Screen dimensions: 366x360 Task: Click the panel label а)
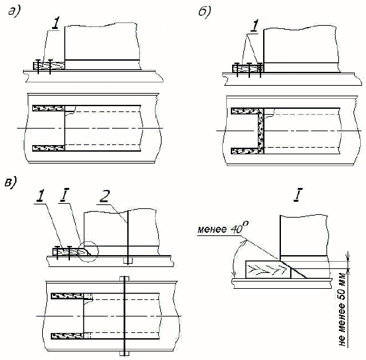(x=15, y=11)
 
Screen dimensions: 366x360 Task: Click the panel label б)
(x=204, y=12)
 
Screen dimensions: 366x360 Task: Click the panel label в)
(x=11, y=182)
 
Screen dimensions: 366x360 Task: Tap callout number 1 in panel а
(x=56, y=23)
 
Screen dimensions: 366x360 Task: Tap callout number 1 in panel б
(x=255, y=26)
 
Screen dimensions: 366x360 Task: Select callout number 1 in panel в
(x=41, y=196)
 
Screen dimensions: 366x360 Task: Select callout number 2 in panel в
(x=104, y=196)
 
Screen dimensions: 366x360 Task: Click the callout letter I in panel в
(x=64, y=196)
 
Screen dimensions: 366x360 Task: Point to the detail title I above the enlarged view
(x=297, y=195)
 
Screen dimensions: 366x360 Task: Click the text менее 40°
(x=223, y=227)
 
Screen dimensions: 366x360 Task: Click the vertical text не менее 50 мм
(x=342, y=308)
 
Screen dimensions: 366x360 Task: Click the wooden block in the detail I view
(x=268, y=270)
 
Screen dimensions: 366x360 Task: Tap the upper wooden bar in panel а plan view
(x=49, y=108)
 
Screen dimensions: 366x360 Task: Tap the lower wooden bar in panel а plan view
(x=49, y=148)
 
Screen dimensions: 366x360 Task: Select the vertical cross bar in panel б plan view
(x=261, y=131)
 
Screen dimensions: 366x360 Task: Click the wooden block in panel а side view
(x=49, y=66)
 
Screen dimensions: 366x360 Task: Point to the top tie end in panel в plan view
(x=124, y=279)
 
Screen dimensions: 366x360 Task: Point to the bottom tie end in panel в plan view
(x=124, y=353)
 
